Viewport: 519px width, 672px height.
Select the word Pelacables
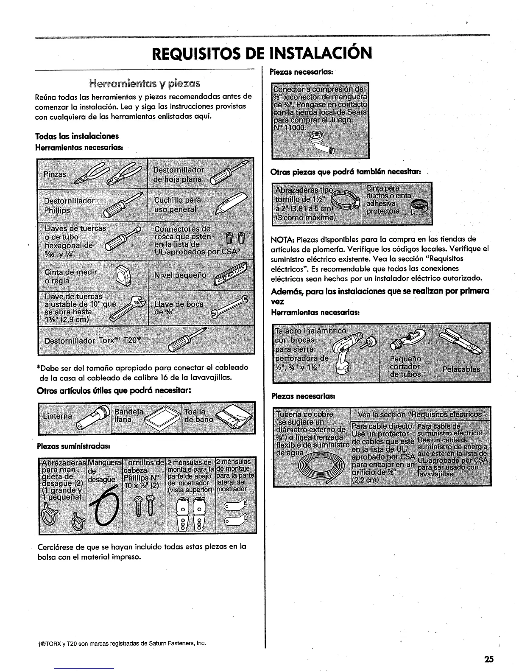click(461, 369)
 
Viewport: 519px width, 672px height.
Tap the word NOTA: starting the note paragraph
click(282, 239)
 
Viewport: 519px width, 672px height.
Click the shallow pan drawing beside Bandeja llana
click(160, 420)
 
